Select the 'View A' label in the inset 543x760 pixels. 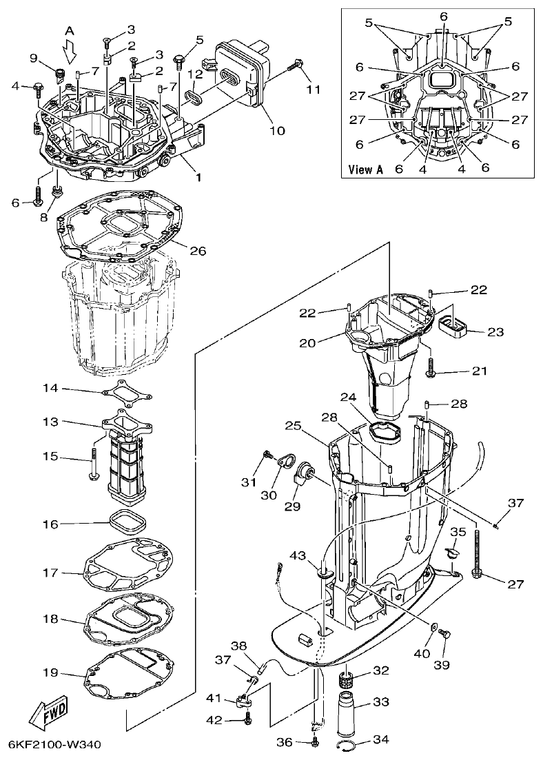[365, 169]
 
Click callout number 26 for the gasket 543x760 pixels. [198, 251]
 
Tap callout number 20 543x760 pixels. [307, 342]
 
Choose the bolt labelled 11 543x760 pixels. [296, 66]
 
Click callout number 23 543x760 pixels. [495, 331]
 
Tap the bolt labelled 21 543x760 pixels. [431, 368]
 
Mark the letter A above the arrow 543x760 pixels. [69, 30]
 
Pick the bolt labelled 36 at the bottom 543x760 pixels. [315, 742]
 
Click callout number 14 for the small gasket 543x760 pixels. [69, 389]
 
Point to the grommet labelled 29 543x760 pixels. [302, 475]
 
